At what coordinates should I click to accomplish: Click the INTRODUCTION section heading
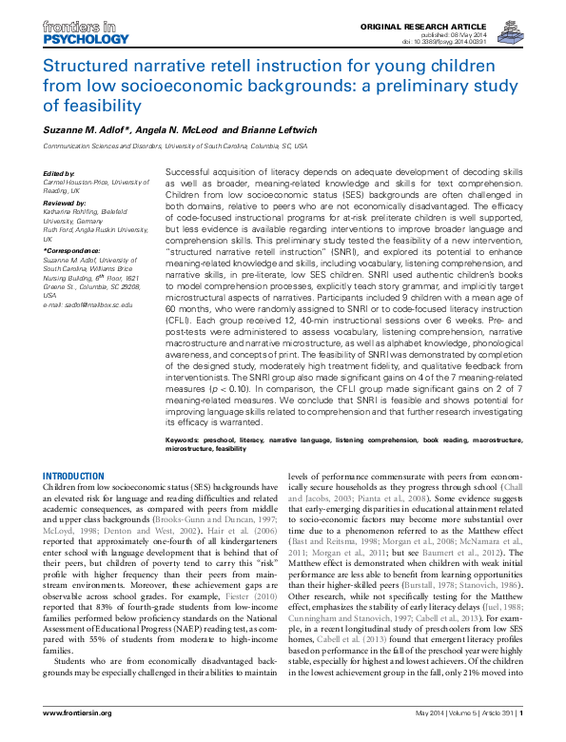(x=74, y=475)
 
